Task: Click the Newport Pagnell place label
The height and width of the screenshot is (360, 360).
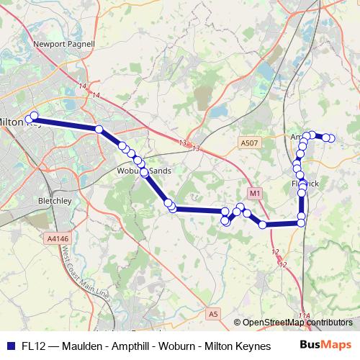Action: [64, 44]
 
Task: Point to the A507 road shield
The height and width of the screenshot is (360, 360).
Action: [250, 143]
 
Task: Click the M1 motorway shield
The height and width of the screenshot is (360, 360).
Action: [255, 194]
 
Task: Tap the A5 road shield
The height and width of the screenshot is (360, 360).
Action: [212, 314]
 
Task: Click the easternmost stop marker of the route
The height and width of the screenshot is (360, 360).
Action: [331, 138]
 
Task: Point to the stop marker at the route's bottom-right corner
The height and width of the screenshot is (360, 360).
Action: [302, 223]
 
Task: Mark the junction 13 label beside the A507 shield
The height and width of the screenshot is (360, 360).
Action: [196, 148]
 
